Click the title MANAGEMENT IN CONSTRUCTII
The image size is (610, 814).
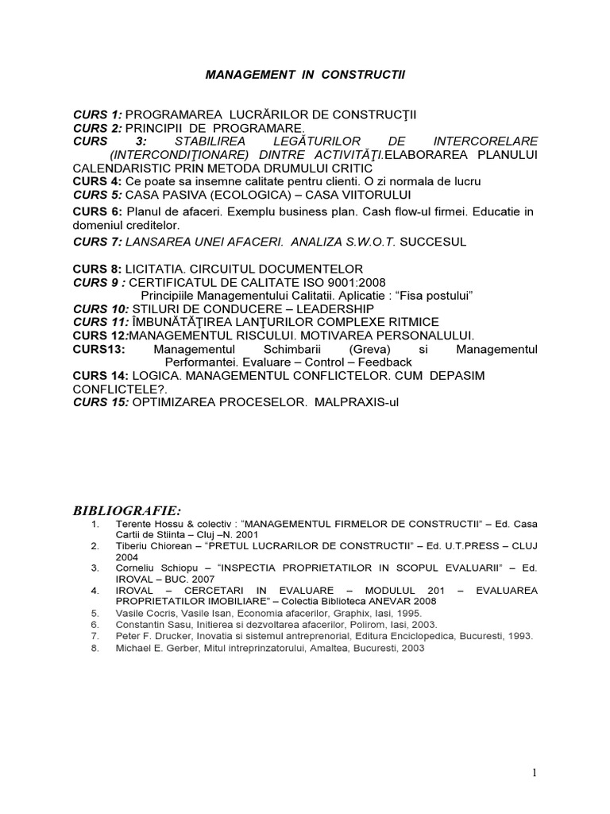(305, 73)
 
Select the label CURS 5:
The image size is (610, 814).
(98, 194)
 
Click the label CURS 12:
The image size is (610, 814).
(101, 335)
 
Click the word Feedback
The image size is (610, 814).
(384, 362)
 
